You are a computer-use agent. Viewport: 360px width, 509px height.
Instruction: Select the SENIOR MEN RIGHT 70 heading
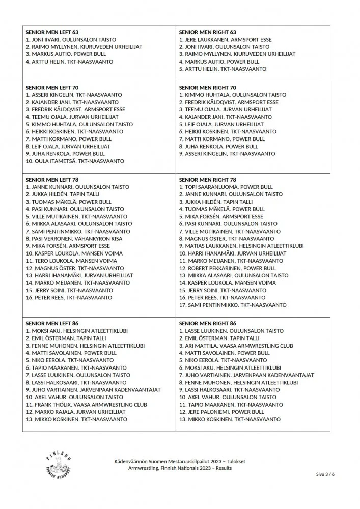tap(208, 88)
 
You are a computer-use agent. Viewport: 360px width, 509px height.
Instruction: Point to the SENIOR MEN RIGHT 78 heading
tap(208, 180)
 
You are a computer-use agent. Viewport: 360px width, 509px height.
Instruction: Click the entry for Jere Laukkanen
tap(225, 40)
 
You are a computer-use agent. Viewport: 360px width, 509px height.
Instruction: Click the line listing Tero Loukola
tap(71, 261)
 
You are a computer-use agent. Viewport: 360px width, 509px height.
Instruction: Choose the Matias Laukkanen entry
tap(241, 246)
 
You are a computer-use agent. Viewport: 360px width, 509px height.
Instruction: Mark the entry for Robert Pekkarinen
tap(227, 268)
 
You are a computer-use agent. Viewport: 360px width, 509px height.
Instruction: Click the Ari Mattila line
tap(236, 346)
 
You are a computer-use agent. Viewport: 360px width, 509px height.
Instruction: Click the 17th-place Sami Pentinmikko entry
tap(232, 305)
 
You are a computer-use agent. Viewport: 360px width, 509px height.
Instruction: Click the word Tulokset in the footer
tap(233, 461)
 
